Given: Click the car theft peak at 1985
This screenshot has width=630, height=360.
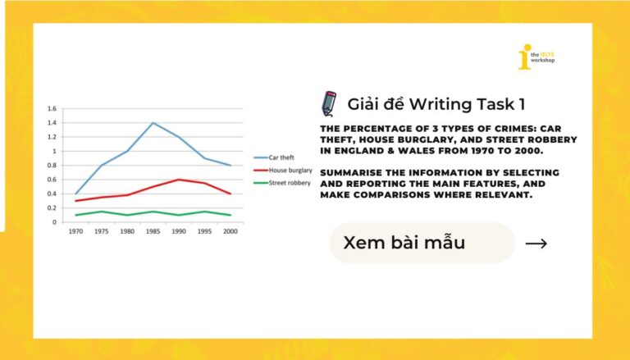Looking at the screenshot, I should [x=153, y=123].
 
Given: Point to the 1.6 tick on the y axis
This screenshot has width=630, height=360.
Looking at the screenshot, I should [x=52, y=109].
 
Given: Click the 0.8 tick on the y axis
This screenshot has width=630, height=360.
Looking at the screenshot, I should [x=52, y=166].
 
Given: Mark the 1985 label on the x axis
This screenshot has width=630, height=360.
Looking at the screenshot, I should [x=152, y=232].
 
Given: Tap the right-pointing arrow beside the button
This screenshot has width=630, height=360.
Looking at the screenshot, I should [x=536, y=244].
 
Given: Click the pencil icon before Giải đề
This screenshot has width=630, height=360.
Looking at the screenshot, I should [x=329, y=104].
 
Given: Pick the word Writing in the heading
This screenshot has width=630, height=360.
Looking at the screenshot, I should [x=440, y=104].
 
